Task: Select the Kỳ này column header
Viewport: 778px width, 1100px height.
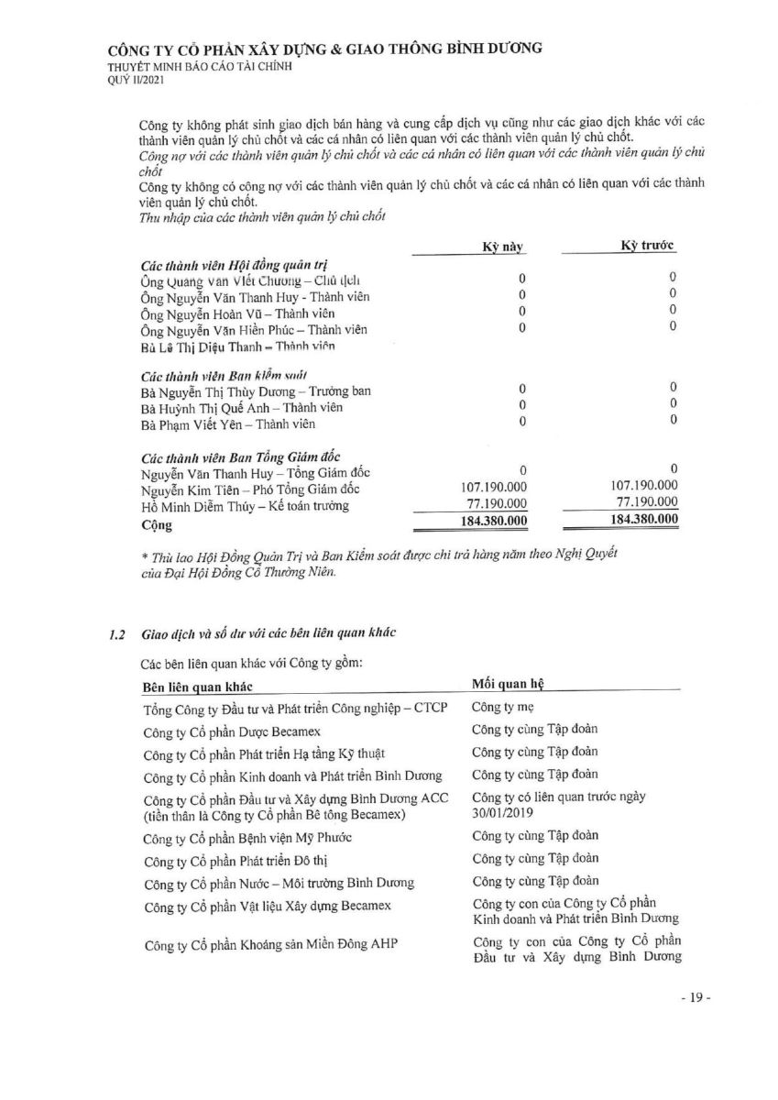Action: pyautogui.click(x=503, y=247)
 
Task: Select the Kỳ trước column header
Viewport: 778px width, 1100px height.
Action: pyautogui.click(x=648, y=247)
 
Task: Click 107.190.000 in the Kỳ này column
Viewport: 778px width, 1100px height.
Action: pyautogui.click(x=493, y=488)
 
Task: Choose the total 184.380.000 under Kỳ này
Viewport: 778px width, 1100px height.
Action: pyautogui.click(x=493, y=522)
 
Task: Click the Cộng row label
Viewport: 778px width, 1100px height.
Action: pyautogui.click(x=157, y=525)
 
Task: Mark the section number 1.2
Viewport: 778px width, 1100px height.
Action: pyautogui.click(x=116, y=634)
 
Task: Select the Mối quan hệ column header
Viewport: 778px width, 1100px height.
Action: pyautogui.click(x=510, y=685)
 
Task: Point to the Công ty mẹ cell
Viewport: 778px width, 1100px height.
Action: pyautogui.click(x=502, y=708)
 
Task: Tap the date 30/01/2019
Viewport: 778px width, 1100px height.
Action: pyautogui.click(x=503, y=812)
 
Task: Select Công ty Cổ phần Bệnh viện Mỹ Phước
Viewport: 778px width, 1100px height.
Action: pyautogui.click(x=247, y=839)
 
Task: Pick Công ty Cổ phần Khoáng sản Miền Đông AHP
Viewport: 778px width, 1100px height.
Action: pyautogui.click(x=271, y=947)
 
